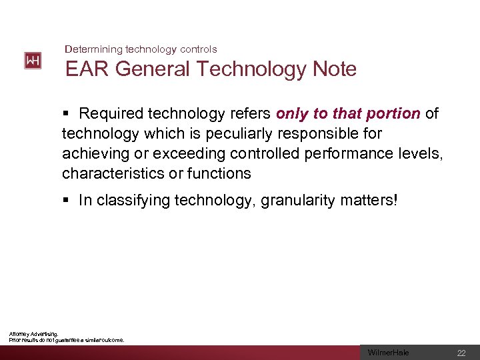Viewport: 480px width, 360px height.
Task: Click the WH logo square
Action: click(33, 61)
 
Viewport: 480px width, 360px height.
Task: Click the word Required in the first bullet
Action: click(108, 114)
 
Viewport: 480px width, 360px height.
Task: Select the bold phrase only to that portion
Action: click(348, 114)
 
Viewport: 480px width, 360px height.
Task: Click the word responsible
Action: click(327, 134)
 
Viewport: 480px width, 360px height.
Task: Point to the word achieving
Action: click(93, 154)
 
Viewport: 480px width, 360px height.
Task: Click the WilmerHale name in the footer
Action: click(389, 353)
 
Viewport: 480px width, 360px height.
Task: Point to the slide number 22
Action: click(461, 353)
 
